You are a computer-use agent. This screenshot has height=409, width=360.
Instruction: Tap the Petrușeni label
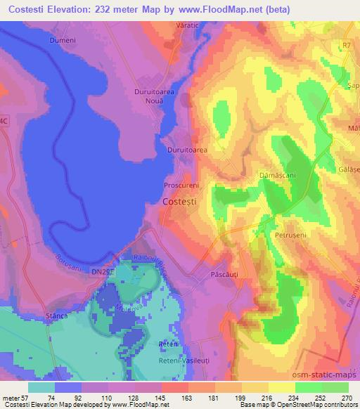pyautogui.click(x=290, y=234)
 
